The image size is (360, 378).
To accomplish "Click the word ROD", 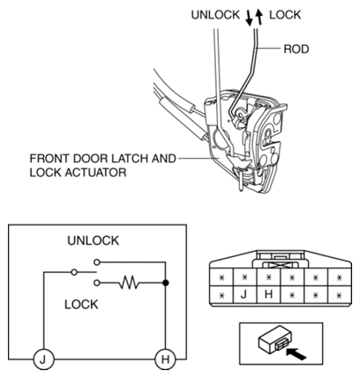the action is coord(296,49).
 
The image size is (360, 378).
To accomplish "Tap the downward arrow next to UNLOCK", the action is coord(249,18).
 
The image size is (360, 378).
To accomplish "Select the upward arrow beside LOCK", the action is coord(259,17).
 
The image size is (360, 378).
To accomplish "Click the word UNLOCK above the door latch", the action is coord(215,15).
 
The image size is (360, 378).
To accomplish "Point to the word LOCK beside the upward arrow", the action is coord(285,15).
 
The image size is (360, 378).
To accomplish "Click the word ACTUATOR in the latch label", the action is coord(96,173).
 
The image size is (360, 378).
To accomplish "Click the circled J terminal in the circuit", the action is coord(44,359).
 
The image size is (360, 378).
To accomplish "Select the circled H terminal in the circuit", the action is coord(165,359).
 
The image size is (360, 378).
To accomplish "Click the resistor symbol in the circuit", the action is coord(129,282).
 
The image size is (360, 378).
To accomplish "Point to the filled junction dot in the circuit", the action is coord(166,282).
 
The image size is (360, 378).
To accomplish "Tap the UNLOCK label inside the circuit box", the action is coord(93,240).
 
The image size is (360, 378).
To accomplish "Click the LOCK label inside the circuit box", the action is coord(82,304).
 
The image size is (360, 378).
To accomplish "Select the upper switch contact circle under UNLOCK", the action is coord(97,262).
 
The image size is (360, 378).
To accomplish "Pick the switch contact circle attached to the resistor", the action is coord(97,282).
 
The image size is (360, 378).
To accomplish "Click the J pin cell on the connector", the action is coord(245,295).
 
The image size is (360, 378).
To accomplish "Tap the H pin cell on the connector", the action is coord(269,295).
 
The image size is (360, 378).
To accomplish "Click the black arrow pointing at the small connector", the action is coord(296,353).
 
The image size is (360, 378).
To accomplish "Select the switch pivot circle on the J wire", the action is coord(75,272).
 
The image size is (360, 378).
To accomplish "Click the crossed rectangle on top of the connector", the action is coord(281,265).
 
